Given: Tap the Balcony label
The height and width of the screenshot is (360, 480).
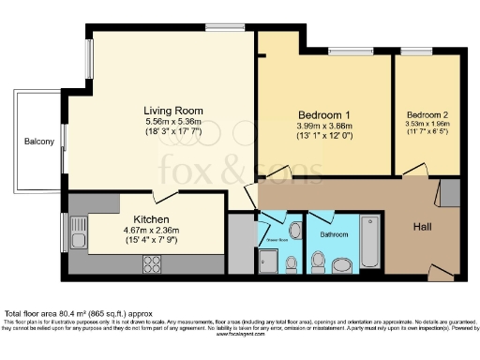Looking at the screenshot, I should point(39,142).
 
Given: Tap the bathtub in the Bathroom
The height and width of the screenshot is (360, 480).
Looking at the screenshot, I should point(369,242).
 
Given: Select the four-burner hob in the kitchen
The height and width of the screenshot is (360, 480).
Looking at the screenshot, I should point(154,264).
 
